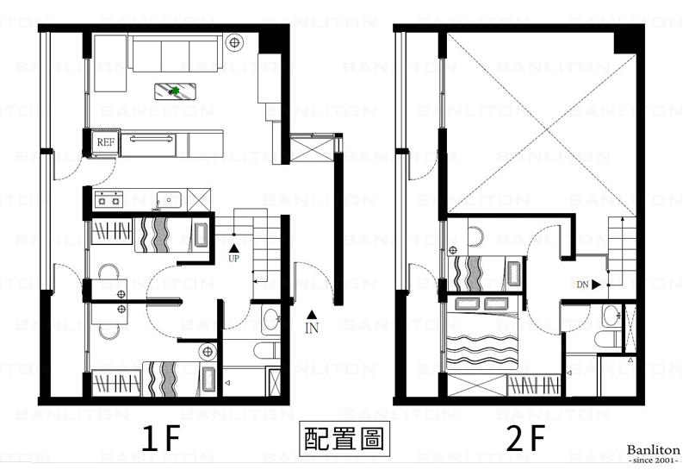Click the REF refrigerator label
(105, 142)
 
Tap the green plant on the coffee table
(176, 91)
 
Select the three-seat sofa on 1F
(176, 53)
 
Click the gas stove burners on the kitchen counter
(109, 198)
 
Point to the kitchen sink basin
(169, 200)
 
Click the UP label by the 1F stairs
(233, 259)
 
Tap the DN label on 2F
(582, 285)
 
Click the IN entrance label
(312, 328)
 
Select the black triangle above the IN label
(312, 314)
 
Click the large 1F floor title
(161, 438)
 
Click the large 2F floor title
(525, 438)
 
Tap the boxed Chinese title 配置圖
(344, 438)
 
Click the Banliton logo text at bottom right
(653, 450)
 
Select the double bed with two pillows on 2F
(482, 334)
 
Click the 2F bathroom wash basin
(611, 316)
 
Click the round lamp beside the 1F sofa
(234, 42)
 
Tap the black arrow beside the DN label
(596, 285)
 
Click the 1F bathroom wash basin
(270, 319)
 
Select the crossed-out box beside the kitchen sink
(199, 200)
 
